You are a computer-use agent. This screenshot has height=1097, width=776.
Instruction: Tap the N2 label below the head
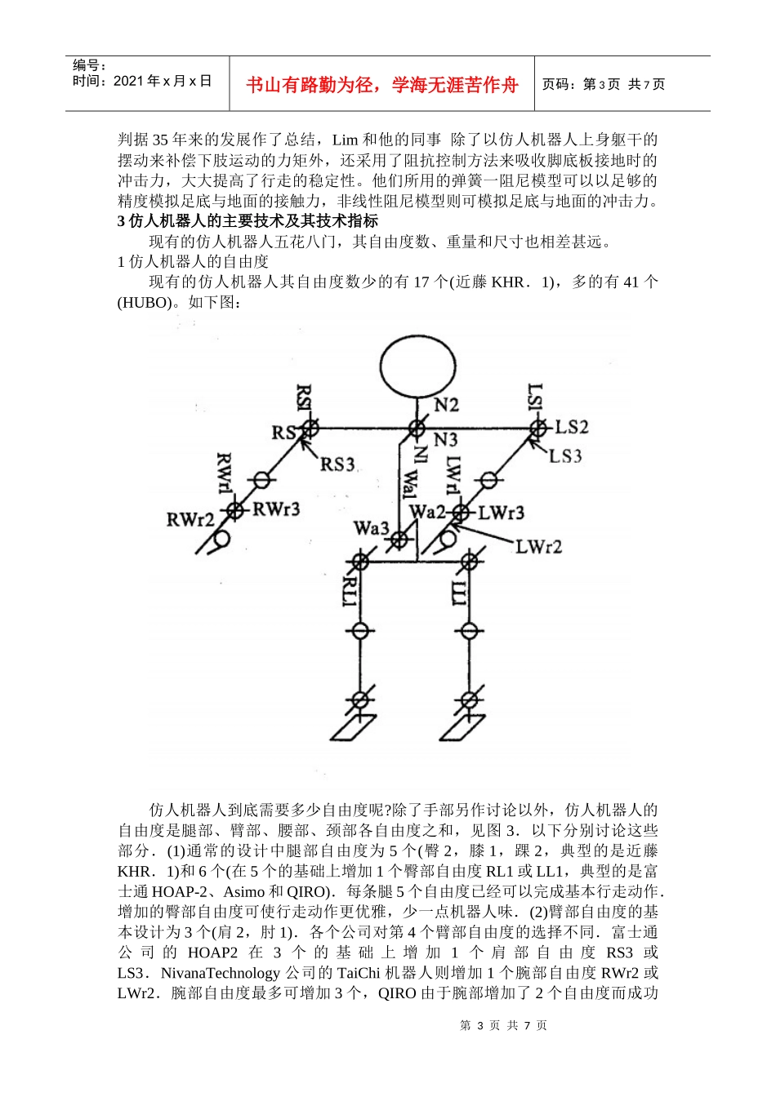click(x=446, y=405)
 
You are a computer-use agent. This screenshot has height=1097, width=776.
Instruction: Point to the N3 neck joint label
click(x=445, y=440)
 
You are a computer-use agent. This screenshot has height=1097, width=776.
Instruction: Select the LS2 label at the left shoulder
click(x=571, y=427)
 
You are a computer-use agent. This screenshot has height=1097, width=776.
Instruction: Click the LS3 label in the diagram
click(x=565, y=455)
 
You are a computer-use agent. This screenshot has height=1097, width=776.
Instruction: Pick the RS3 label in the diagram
click(x=337, y=464)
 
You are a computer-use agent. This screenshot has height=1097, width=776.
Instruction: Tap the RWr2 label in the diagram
click(x=190, y=519)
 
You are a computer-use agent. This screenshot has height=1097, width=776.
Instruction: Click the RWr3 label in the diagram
click(x=276, y=509)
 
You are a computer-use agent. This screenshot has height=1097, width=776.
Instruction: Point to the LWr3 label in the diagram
click(x=501, y=513)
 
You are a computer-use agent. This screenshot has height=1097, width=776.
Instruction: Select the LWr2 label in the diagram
click(x=538, y=546)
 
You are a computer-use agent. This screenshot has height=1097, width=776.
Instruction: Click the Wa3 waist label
click(x=371, y=528)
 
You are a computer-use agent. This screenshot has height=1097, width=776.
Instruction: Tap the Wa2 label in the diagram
click(x=427, y=512)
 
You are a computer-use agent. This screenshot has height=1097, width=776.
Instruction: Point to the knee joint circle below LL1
click(x=469, y=630)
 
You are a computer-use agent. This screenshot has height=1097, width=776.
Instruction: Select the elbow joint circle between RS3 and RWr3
click(x=261, y=480)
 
